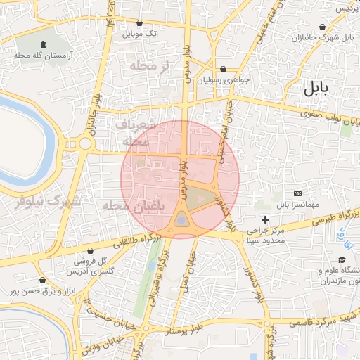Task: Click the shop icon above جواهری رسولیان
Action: (224, 70)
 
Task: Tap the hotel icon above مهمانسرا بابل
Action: (297, 193)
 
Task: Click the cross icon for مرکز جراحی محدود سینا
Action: (265, 220)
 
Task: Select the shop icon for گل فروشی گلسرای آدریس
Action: (90, 251)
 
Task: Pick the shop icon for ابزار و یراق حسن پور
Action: (44, 280)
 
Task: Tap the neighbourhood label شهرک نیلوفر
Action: (48, 202)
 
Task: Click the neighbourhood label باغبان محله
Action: (134, 206)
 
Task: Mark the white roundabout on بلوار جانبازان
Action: (85, 143)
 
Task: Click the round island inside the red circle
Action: (182, 221)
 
